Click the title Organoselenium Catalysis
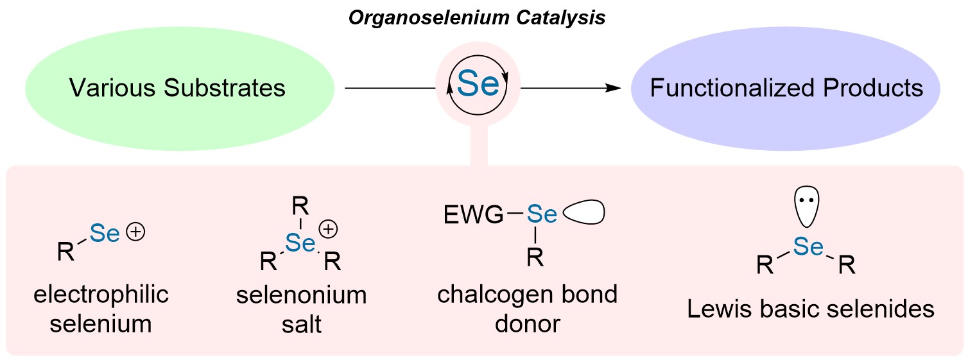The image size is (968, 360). [476, 17]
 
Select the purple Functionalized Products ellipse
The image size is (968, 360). [786, 88]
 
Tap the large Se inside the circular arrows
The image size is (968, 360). [478, 85]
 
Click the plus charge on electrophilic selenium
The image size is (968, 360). [136, 234]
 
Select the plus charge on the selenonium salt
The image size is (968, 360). [329, 229]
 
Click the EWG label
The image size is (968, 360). [473, 216]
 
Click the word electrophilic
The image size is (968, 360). [101, 295]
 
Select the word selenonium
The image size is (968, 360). [301, 296]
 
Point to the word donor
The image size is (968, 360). [527, 323]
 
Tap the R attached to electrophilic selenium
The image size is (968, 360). [65, 252]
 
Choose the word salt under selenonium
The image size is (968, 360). [301, 324]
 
